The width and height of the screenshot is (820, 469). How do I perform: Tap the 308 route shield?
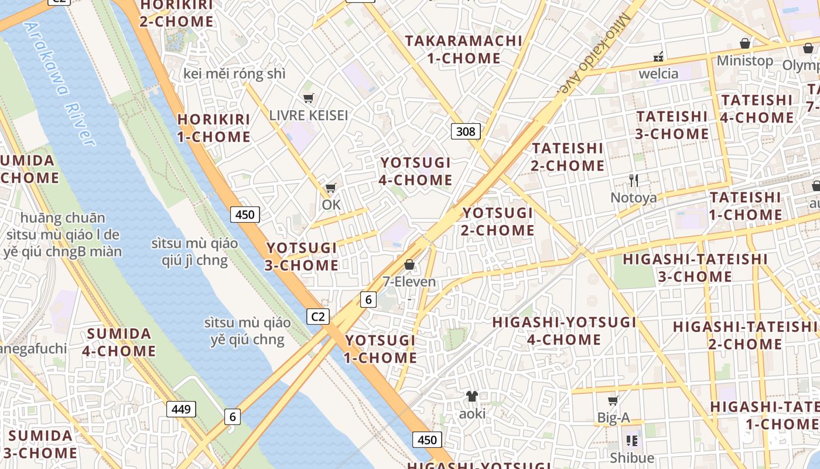pyautogui.click(x=466, y=131)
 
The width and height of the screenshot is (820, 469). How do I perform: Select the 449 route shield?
pyautogui.click(x=181, y=409)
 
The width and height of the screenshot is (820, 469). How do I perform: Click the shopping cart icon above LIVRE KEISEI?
pyautogui.click(x=308, y=98)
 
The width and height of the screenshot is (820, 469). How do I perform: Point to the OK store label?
pyautogui.click(x=331, y=205)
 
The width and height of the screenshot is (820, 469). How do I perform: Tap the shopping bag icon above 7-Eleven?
pyautogui.click(x=409, y=265)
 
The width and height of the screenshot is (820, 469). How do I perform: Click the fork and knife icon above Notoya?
pyautogui.click(x=633, y=180)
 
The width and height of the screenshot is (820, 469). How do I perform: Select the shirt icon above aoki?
pyautogui.click(x=472, y=397)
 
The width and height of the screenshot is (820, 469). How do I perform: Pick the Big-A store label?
pyautogui.click(x=613, y=418)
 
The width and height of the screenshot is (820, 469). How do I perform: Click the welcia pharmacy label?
pyautogui.click(x=658, y=74)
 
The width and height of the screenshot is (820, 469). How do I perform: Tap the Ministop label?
pyautogui.click(x=745, y=60)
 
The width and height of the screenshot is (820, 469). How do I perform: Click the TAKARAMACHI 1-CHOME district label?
pyautogui.click(x=463, y=49)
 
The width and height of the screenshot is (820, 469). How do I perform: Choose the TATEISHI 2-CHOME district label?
pyautogui.click(x=567, y=157)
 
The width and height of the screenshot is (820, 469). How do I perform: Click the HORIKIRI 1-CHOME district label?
pyautogui.click(x=214, y=128)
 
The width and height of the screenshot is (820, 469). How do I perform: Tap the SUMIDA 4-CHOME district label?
pyautogui.click(x=119, y=342)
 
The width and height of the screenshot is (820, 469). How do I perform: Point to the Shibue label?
pyautogui.click(x=632, y=457)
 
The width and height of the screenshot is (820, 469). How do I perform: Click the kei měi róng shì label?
pyautogui.click(x=234, y=74)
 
